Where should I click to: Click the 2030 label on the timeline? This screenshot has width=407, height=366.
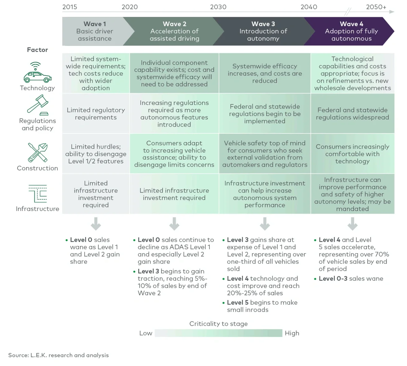(218, 7)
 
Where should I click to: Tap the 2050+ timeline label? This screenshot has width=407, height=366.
(376, 7)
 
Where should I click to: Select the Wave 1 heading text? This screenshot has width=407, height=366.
(95, 24)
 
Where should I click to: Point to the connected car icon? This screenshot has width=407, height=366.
(37, 73)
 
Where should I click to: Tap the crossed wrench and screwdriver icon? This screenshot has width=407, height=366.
(38, 153)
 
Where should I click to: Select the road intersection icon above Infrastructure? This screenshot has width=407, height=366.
(38, 194)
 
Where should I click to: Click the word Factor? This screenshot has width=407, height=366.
(37, 50)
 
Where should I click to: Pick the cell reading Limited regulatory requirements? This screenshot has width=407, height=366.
(96, 113)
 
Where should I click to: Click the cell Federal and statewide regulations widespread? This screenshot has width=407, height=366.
(352, 113)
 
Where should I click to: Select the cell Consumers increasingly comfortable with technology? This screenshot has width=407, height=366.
(352, 154)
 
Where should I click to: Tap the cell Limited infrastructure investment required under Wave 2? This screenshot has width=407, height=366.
(174, 194)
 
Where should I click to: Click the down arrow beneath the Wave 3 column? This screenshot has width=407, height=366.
(265, 224)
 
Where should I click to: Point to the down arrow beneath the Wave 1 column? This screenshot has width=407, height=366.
(96, 224)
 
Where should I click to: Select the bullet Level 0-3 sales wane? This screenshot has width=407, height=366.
(351, 278)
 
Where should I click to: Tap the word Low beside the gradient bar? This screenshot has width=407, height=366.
(146, 333)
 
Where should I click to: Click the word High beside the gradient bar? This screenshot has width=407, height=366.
(292, 333)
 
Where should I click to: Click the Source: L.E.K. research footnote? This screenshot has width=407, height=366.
(59, 355)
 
